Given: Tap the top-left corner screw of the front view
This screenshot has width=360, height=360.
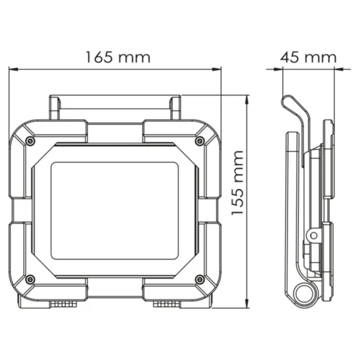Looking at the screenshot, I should click(29, 139).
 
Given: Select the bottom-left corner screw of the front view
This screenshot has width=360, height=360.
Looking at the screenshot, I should click(29, 279).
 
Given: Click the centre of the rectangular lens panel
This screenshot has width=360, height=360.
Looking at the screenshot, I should click(115, 209).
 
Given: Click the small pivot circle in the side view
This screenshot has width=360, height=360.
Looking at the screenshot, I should click(314, 236).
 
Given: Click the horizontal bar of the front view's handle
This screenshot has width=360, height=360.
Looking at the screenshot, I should click(115, 103).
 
